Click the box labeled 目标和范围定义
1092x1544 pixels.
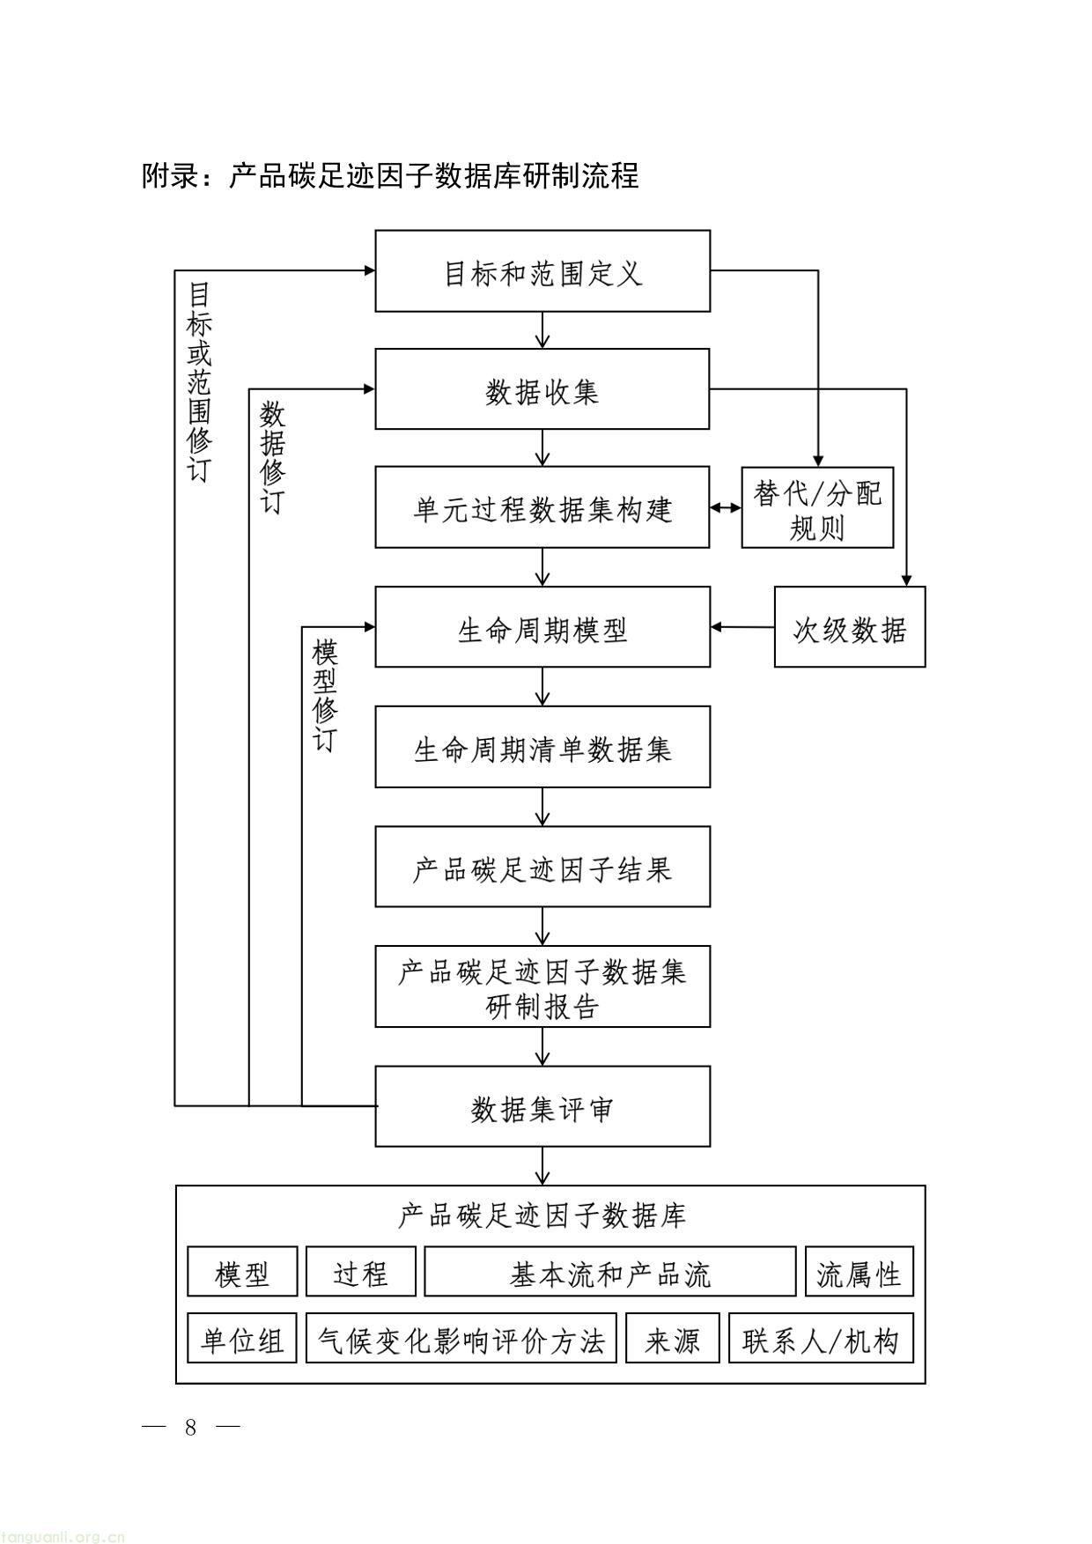click(542, 271)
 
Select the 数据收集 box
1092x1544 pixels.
click(542, 389)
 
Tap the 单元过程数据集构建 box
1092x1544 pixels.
click(542, 508)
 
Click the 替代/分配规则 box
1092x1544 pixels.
click(817, 508)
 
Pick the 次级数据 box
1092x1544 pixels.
click(850, 627)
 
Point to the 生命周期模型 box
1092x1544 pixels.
click(542, 627)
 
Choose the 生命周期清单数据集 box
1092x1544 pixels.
click(542, 747)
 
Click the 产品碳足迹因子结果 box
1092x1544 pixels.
click(542, 867)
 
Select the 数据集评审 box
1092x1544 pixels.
click(542, 1106)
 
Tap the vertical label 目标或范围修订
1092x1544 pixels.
click(200, 381)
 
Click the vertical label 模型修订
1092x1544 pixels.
click(325, 696)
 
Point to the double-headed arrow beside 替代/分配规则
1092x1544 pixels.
click(726, 508)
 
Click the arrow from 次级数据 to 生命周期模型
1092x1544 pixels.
click(742, 627)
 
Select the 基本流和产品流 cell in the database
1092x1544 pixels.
click(609, 1272)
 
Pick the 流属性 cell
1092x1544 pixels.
click(859, 1272)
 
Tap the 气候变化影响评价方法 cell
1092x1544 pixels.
click(461, 1339)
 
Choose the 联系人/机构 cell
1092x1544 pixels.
click(820, 1339)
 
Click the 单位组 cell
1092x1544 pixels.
click(242, 1339)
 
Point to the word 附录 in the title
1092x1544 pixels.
click(171, 175)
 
